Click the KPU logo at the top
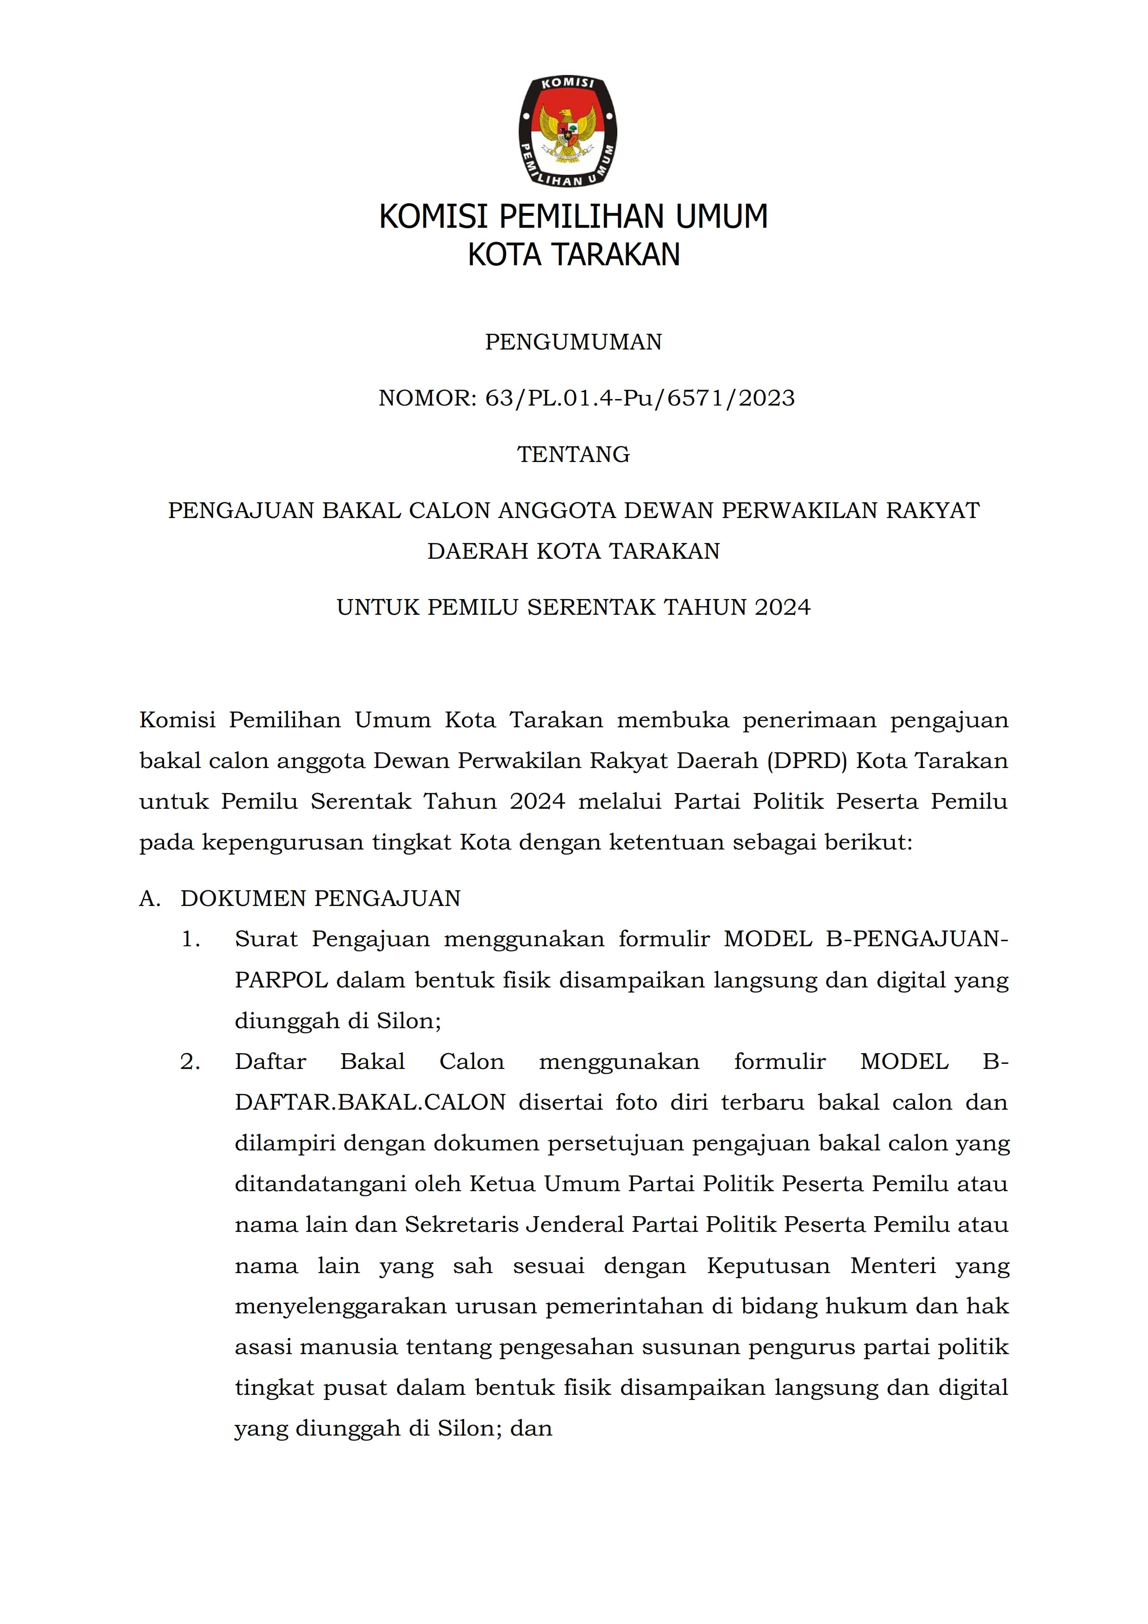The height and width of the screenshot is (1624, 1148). click(x=567, y=131)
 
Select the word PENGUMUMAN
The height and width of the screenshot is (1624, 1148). click(x=574, y=342)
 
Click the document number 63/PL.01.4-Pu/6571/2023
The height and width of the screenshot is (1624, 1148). click(x=640, y=398)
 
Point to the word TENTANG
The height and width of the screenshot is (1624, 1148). click(x=574, y=454)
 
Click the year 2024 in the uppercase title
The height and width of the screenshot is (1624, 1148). click(x=782, y=607)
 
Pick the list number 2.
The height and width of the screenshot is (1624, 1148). click(x=191, y=1062)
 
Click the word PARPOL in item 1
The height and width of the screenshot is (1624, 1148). click(x=281, y=981)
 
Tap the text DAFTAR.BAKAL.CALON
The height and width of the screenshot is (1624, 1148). click(x=370, y=1103)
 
